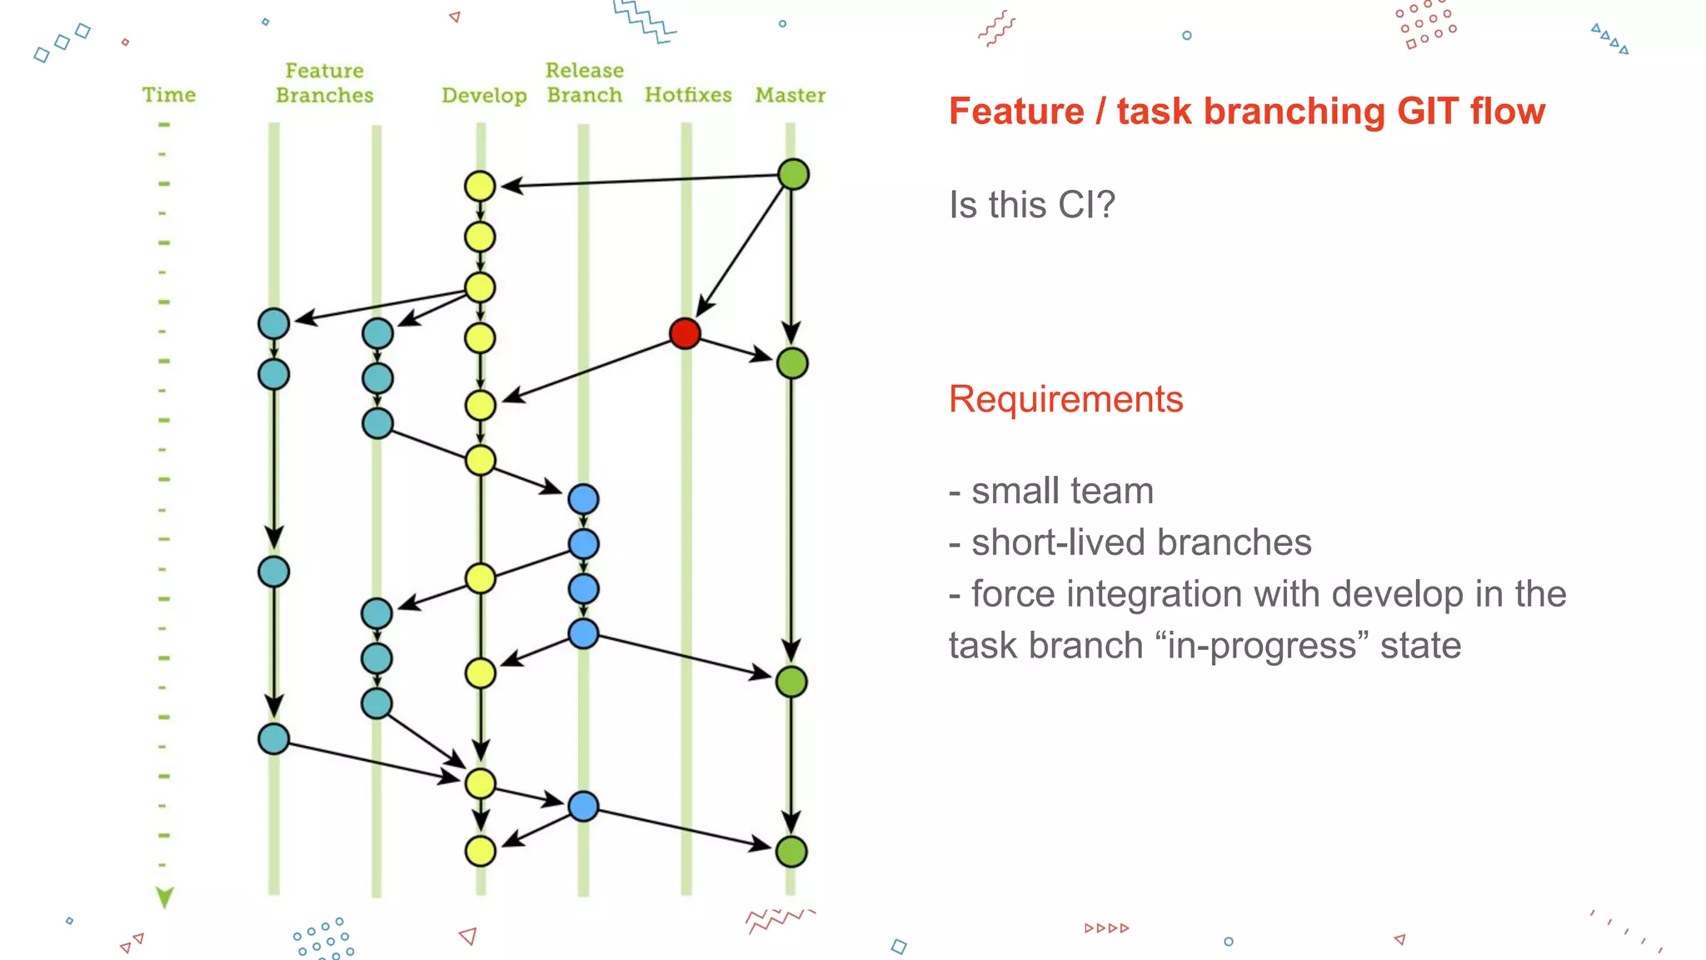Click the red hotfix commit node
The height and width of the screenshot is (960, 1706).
pyautogui.click(x=685, y=333)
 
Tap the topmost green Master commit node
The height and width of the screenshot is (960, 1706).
pyautogui.click(x=793, y=174)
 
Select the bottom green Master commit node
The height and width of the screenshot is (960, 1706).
pyautogui.click(x=791, y=852)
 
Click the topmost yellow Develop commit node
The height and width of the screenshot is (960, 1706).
pyautogui.click(x=480, y=186)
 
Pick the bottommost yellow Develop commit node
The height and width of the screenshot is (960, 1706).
pyautogui.click(x=481, y=852)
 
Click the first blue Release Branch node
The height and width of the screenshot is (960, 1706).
pyautogui.click(x=583, y=499)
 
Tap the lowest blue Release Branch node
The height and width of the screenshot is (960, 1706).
pyautogui.click(x=583, y=807)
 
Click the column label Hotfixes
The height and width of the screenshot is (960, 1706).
pyautogui.click(x=688, y=95)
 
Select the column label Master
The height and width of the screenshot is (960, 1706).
pyautogui.click(x=790, y=95)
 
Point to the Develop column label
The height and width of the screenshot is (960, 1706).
pyautogui.click(x=484, y=96)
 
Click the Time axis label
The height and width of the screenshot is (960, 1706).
pyautogui.click(x=168, y=95)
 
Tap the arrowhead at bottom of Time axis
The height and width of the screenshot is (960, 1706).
pyautogui.click(x=165, y=897)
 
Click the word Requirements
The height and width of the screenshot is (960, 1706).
pyautogui.click(x=1065, y=399)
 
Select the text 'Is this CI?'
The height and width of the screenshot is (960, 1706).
pyautogui.click(x=1031, y=205)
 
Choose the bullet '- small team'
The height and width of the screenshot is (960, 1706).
pyautogui.click(x=1051, y=491)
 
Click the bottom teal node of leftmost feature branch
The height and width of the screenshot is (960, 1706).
pyautogui.click(x=273, y=739)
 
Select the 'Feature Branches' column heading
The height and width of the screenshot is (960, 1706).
pyautogui.click(x=324, y=82)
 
